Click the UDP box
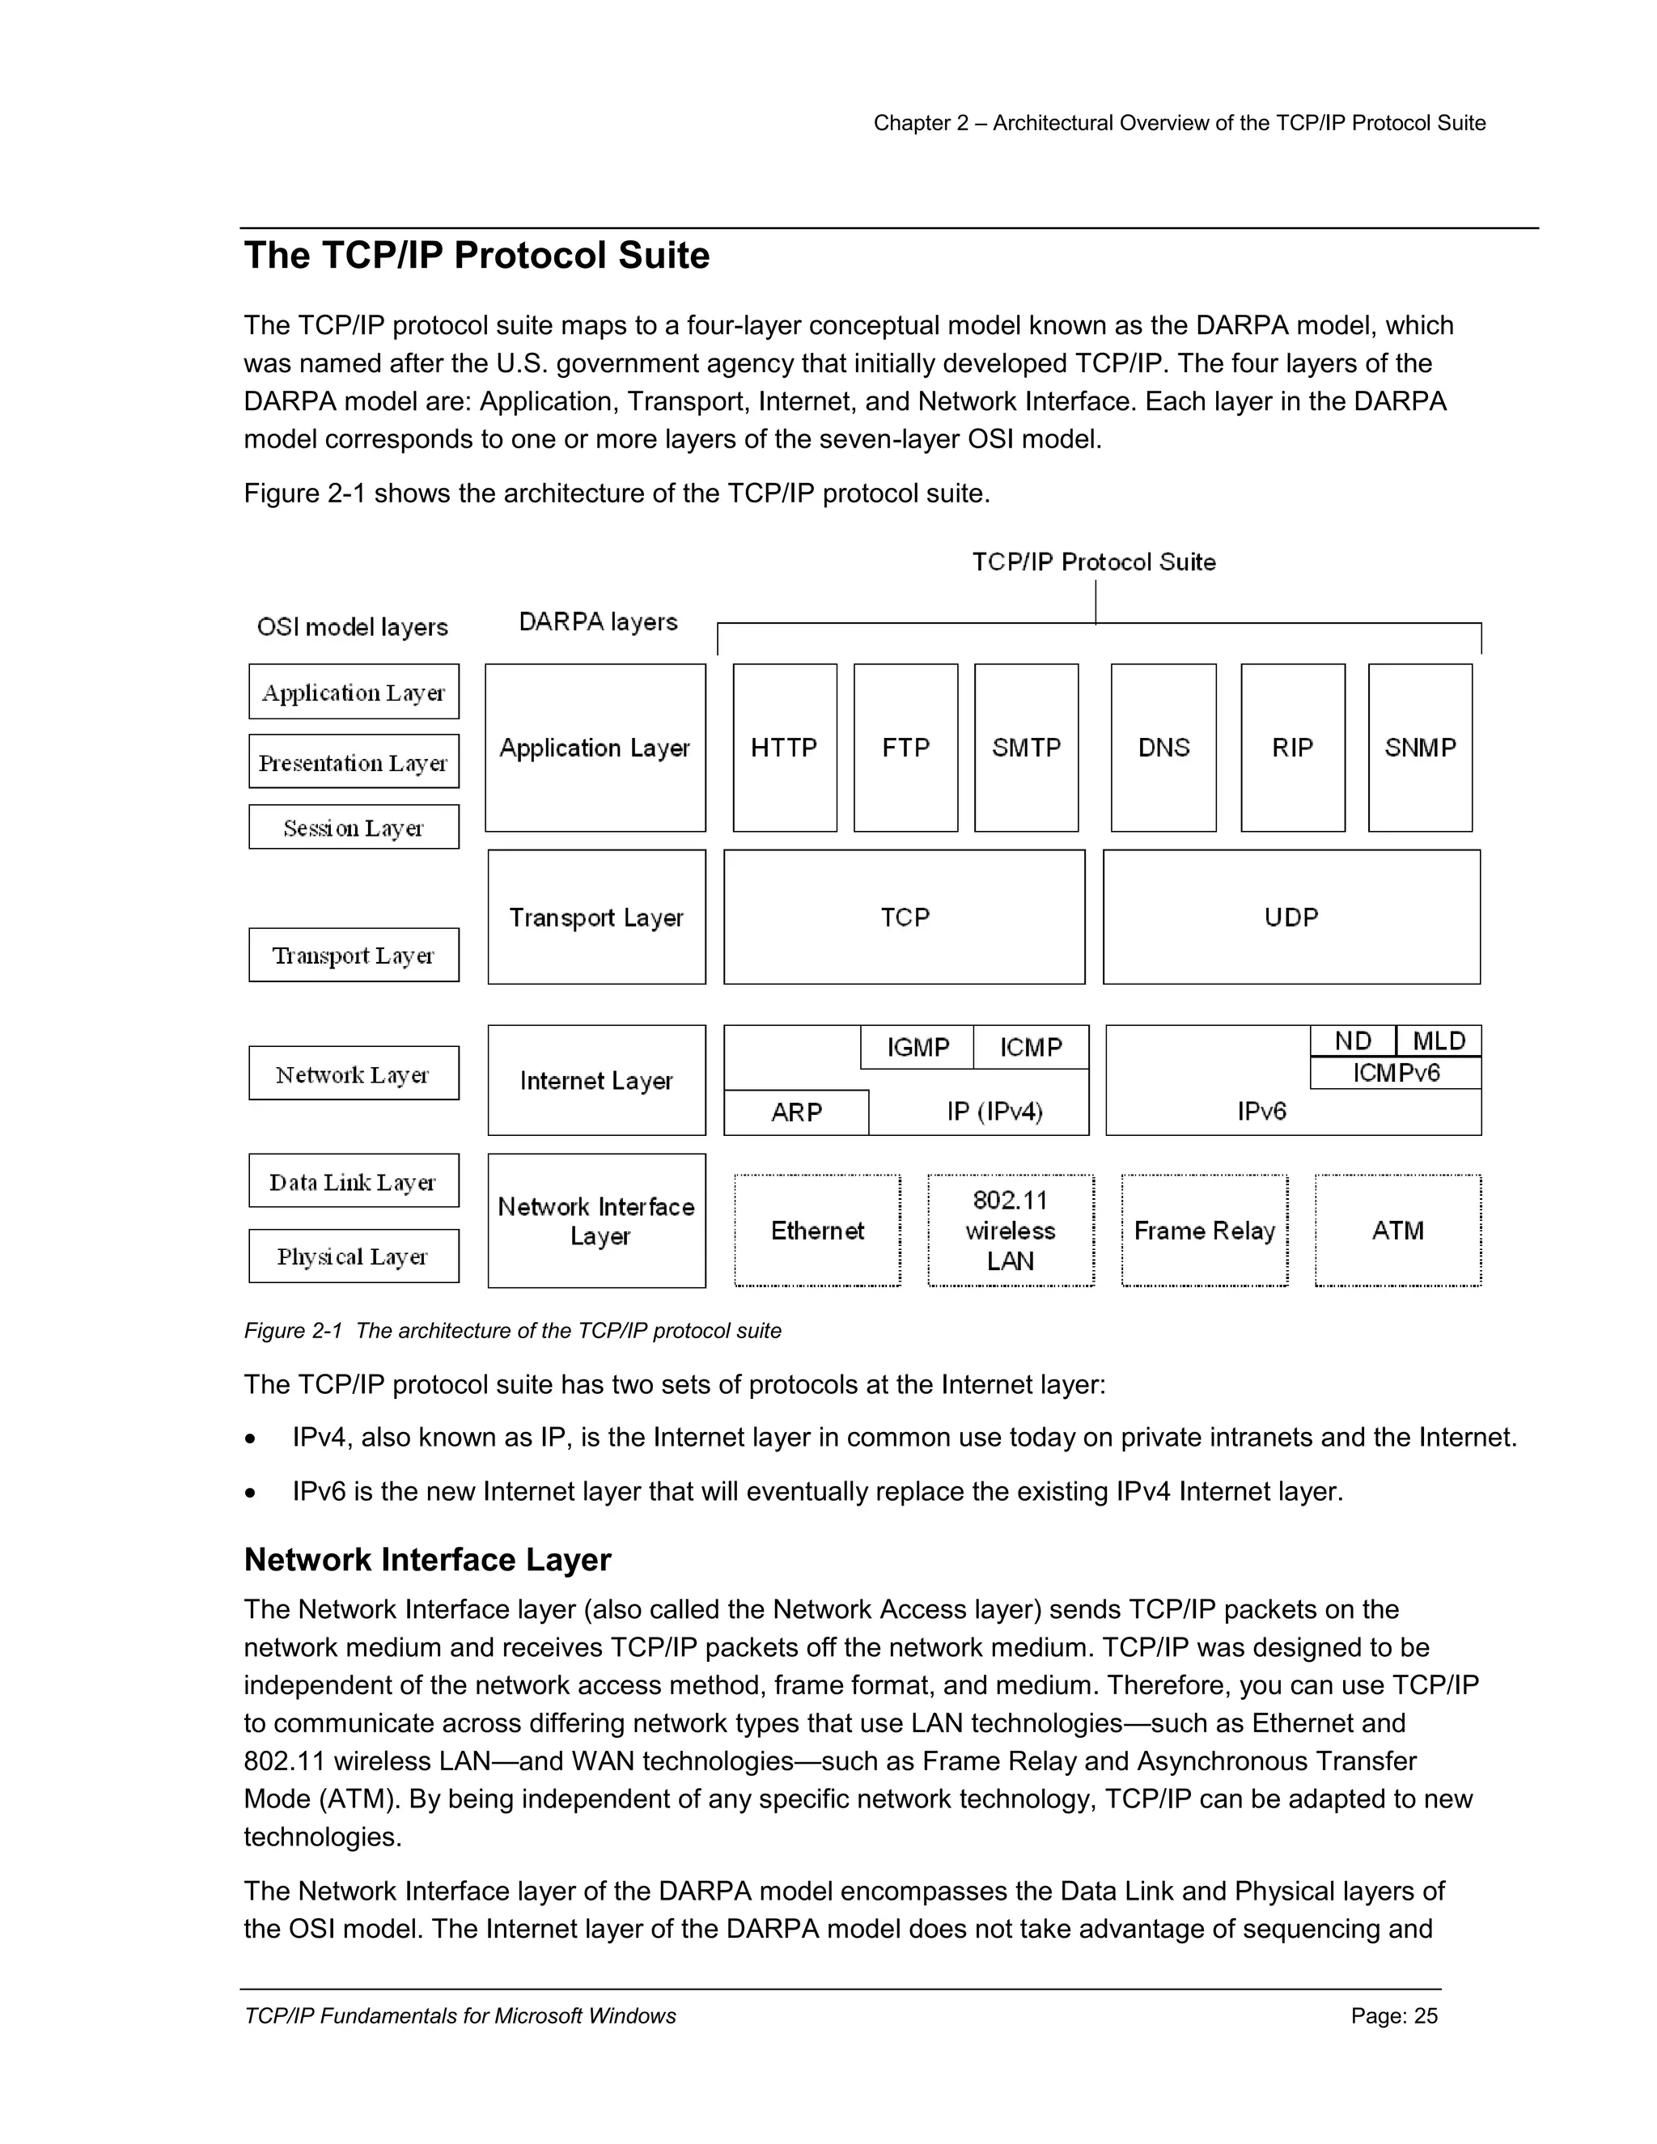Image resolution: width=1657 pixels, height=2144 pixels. click(1290, 917)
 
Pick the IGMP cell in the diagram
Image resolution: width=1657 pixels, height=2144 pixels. click(917, 1048)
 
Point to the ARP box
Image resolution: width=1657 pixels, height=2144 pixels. click(796, 1112)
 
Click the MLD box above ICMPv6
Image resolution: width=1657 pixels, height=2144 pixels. click(1438, 1040)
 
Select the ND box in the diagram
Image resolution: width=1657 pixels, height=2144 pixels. click(1353, 1040)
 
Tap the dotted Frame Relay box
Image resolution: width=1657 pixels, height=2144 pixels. click(1205, 1230)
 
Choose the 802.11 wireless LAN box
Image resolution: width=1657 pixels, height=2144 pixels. click(1010, 1230)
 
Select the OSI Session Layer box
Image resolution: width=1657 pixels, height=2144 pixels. click(354, 828)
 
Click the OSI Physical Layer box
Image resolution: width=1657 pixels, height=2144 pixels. click(354, 1256)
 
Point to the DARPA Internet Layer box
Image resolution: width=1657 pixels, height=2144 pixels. click(595, 1081)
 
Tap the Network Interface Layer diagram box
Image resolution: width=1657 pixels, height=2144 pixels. click(595, 1220)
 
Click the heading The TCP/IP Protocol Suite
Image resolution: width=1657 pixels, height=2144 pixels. click(477, 255)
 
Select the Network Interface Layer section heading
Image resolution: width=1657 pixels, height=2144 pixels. click(427, 1560)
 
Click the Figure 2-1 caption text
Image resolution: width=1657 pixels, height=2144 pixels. click(512, 1331)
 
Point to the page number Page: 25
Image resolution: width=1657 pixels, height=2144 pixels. click(1393, 2016)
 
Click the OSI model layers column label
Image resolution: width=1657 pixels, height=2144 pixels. click(353, 626)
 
